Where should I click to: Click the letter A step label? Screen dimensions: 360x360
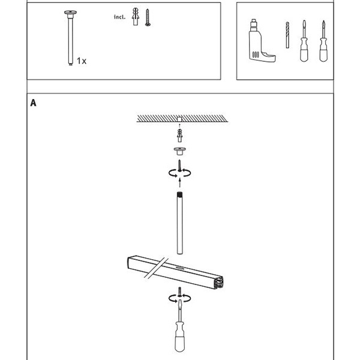(34, 103)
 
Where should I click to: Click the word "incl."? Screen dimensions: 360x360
(120, 17)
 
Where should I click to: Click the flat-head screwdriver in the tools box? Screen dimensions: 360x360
(305, 44)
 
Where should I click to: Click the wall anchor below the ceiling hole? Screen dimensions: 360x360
(179, 133)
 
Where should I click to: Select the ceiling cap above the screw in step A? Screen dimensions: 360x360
(179, 150)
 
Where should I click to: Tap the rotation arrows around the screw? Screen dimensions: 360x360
(179, 173)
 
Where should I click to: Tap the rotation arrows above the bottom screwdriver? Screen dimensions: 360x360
(179, 298)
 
